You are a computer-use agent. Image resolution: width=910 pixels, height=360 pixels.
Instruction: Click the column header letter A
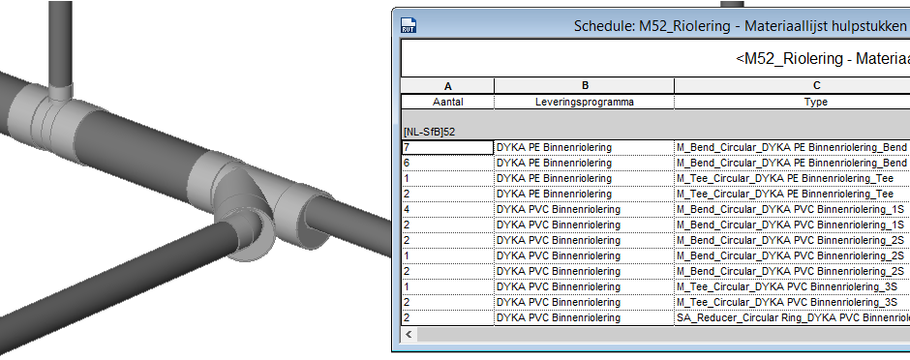point(447,86)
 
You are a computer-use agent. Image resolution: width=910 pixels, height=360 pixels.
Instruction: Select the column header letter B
point(585,86)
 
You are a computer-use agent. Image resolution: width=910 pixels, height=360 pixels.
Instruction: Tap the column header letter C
point(816,86)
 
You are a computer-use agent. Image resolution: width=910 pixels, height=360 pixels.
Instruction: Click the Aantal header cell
point(447,102)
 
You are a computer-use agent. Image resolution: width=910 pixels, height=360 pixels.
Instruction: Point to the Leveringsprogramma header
point(585,102)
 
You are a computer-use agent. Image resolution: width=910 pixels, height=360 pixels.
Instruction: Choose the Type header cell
point(816,102)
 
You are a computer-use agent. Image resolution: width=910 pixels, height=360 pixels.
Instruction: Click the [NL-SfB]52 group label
point(430,133)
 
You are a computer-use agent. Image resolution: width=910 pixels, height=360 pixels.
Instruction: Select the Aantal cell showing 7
point(447,147)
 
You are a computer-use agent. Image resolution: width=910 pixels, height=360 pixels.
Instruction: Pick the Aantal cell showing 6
point(447,163)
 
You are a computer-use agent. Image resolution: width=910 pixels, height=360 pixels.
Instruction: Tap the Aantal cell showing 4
point(447,209)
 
